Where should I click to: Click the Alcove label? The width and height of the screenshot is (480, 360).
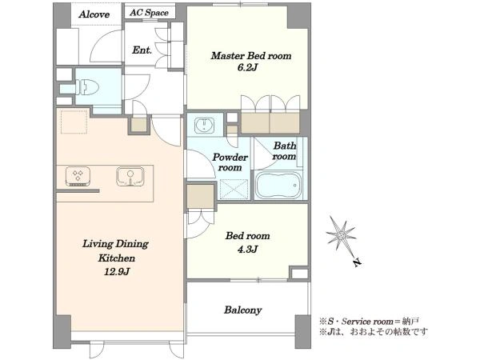coord(94,14)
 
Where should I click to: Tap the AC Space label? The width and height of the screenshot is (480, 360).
coord(149,13)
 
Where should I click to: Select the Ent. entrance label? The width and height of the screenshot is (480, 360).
coord(142,50)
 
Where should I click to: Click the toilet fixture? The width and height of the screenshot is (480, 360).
coord(87,87)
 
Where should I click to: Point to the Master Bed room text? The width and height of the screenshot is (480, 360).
coord(251,56)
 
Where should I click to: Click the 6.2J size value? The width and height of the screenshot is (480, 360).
coord(247,67)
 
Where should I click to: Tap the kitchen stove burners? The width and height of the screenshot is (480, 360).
coord(78,176)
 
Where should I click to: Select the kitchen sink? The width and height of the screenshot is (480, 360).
coord(130,176)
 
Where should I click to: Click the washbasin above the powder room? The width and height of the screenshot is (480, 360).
coord(205,126)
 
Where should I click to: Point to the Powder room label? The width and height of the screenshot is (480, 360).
coord(230,162)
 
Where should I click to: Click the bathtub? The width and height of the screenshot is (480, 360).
coord(278,186)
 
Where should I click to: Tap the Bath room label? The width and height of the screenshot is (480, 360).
coord(284,150)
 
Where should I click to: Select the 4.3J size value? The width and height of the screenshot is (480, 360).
coord(247,249)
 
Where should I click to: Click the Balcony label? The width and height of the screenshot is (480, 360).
coord(242,310)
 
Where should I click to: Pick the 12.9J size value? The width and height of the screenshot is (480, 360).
coord(117,271)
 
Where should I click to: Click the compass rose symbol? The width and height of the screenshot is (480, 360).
coord(341,234)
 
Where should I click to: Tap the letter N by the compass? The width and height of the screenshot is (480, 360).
coord(357,262)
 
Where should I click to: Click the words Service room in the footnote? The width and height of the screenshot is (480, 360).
coord(366,322)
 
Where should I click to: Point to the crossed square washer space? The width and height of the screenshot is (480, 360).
coord(234,189)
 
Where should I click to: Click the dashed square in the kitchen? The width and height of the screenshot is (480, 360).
coord(74,122)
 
